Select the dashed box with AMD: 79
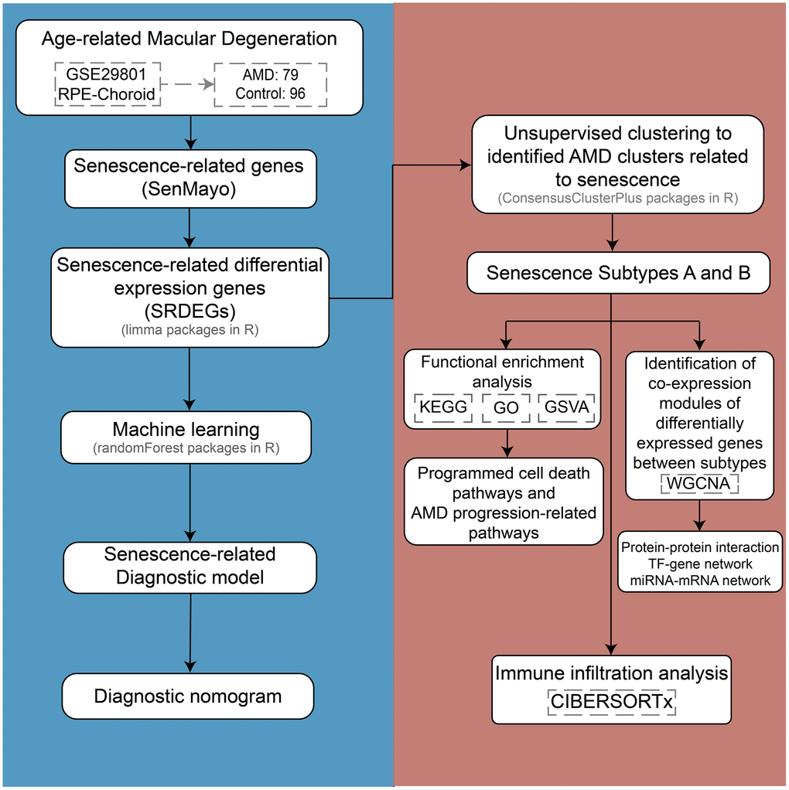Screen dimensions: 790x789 (270, 84)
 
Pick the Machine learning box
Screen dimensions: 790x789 (186, 438)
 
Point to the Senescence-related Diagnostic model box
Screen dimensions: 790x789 (190, 566)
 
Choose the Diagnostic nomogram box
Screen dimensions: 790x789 (188, 696)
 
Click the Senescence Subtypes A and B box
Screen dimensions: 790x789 (618, 273)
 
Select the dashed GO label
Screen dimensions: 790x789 (506, 407)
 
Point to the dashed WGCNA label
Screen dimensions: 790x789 (699, 484)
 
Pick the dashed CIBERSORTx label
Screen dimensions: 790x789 (612, 702)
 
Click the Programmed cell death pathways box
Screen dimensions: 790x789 (504, 502)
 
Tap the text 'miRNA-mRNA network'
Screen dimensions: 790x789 (699, 581)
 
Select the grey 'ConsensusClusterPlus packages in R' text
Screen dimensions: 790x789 (618, 199)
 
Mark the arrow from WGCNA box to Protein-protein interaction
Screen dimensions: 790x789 (699, 513)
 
